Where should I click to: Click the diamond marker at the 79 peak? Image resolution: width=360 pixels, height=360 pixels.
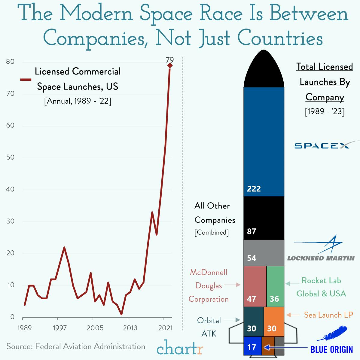(x=170, y=66)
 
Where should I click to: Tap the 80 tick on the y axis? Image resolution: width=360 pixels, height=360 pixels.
(x=10, y=62)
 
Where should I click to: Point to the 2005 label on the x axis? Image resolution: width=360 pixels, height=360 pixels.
(x=95, y=328)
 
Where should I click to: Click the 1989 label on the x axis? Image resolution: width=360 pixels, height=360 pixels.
(x=24, y=328)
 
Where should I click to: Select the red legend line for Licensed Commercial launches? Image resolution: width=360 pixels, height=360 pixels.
(x=26, y=80)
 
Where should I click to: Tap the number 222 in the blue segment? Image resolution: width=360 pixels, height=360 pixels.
(x=254, y=189)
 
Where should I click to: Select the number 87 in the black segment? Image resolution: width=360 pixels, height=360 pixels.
(x=252, y=231)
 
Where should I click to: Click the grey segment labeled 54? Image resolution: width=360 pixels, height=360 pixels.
(x=264, y=253)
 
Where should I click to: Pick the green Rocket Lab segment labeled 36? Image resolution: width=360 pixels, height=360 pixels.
(x=275, y=286)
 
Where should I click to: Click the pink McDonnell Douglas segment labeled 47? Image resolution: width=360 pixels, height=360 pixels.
(x=255, y=286)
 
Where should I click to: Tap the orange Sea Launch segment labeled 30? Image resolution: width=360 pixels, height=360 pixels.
(x=274, y=322)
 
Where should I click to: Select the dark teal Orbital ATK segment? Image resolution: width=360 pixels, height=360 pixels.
(x=254, y=322)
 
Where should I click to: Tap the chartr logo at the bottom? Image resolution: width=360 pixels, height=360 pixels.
(x=180, y=348)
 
